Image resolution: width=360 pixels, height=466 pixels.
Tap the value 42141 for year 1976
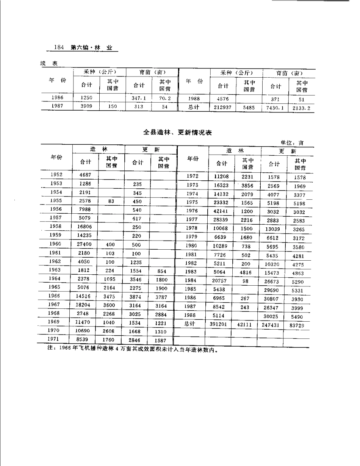click(x=220, y=211)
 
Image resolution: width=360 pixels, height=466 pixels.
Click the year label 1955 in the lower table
click(x=56, y=201)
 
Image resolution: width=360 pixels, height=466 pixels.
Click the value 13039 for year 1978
click(x=272, y=229)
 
